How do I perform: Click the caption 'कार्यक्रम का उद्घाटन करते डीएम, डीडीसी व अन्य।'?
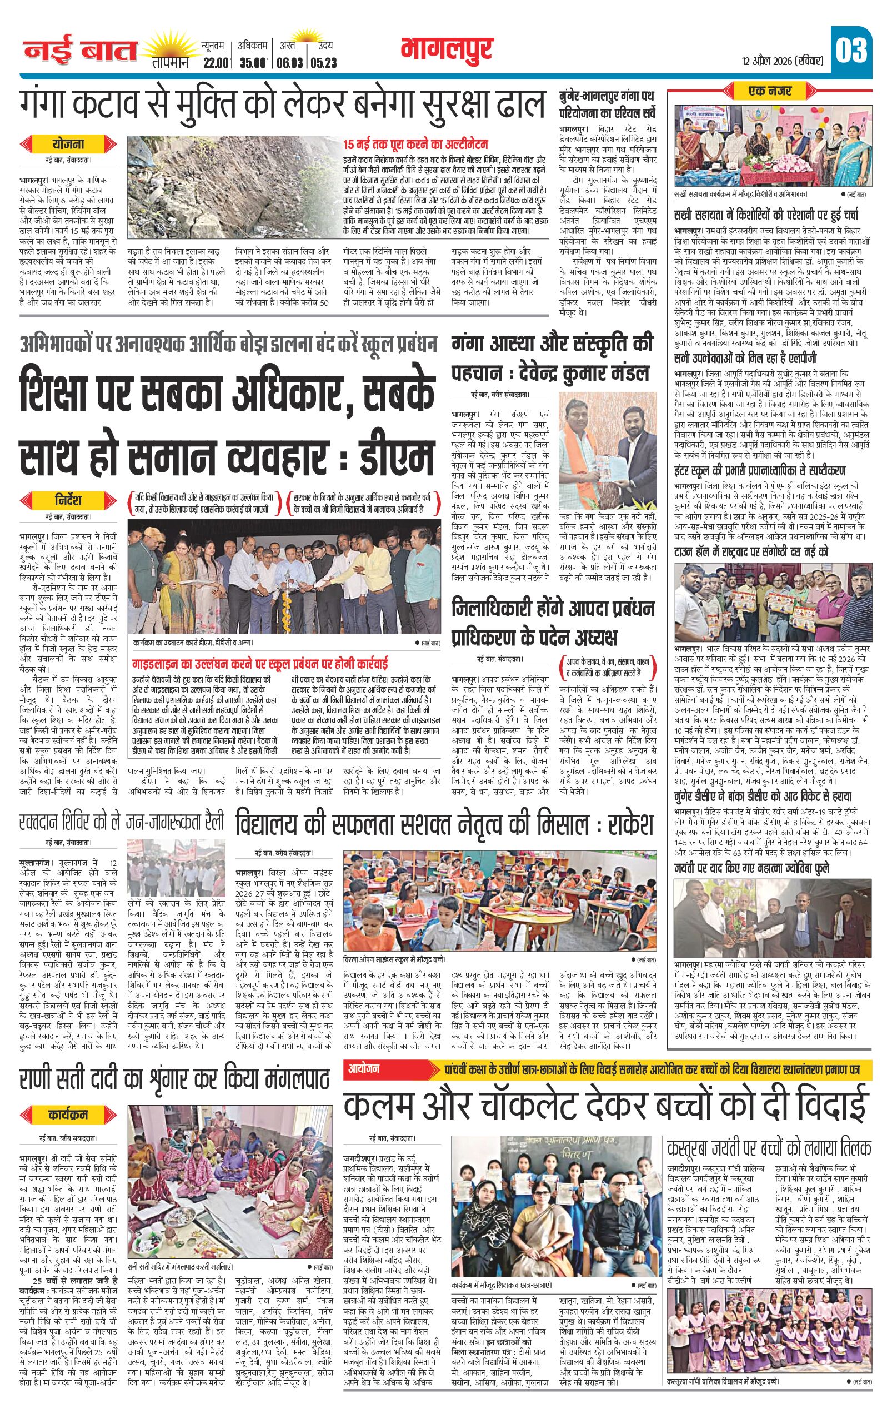pyautogui.click(x=194, y=643)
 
